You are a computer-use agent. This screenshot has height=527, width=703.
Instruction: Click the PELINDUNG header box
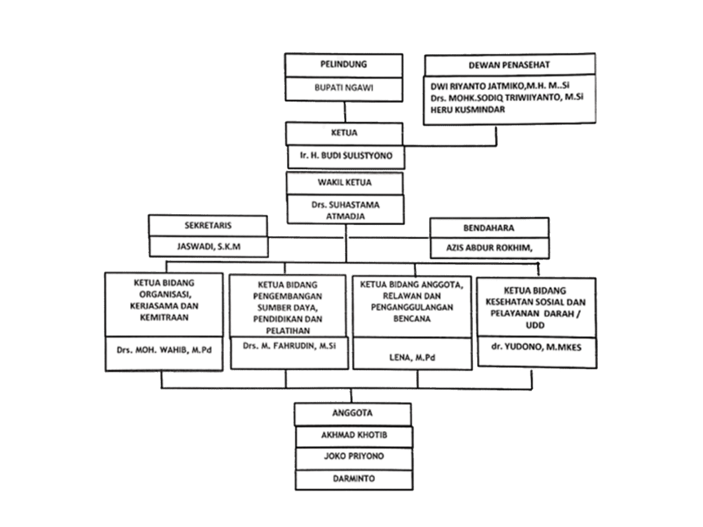344,65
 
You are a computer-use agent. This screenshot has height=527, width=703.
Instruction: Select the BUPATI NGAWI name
344,88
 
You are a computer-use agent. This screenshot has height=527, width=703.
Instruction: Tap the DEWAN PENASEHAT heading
508,65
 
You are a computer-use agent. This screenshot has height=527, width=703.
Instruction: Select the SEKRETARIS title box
207,225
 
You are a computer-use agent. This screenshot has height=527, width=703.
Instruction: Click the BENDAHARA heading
489,227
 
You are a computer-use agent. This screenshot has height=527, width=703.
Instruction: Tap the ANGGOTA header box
352,414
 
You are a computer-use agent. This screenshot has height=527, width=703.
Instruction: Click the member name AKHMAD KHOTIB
353,436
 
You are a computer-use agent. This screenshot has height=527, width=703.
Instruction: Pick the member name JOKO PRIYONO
353,456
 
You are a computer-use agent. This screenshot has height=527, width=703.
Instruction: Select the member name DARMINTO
353,478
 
